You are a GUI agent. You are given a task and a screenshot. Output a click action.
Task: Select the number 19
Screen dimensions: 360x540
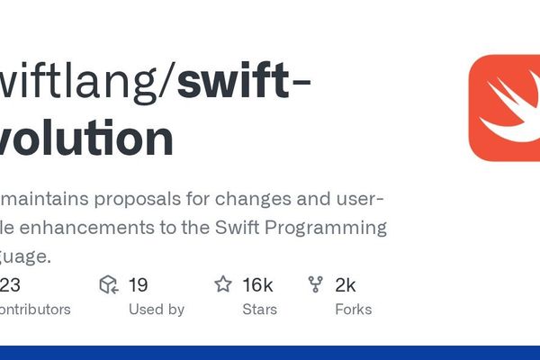(138, 285)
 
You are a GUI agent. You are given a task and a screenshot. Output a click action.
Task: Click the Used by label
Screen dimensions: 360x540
(156, 309)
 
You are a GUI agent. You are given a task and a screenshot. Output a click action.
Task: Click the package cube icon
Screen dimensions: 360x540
(109, 285)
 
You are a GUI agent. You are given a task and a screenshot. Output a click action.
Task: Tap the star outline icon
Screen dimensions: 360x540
(223, 285)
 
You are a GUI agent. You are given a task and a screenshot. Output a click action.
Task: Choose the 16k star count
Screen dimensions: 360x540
(257, 285)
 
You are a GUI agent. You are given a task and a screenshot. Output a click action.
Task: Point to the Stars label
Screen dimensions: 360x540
(259, 309)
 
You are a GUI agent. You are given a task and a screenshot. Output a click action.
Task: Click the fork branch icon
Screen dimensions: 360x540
(316, 285)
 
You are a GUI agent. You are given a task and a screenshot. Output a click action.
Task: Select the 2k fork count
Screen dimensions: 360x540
(345, 285)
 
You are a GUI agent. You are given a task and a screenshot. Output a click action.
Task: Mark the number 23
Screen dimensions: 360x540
(10, 285)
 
